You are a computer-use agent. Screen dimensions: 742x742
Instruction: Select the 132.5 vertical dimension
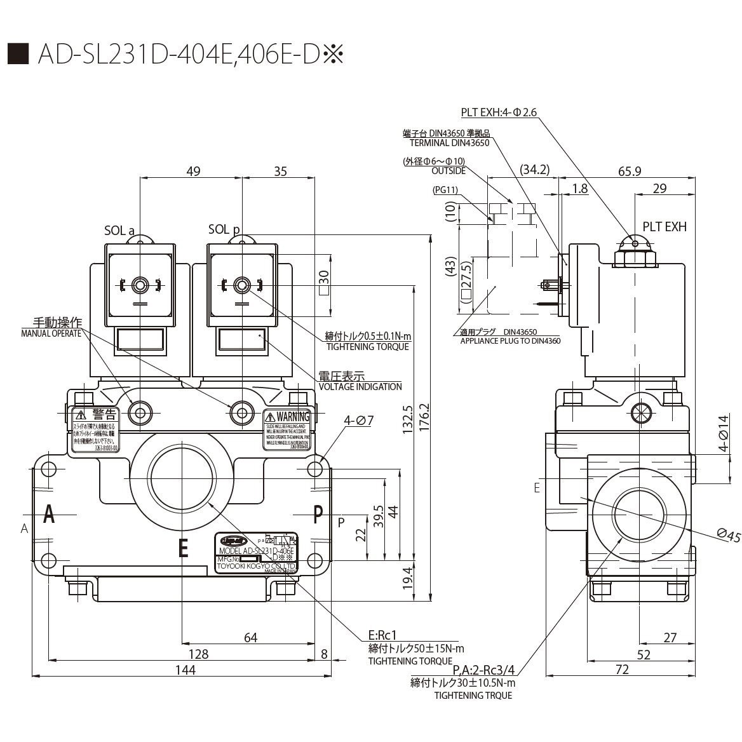tap(407, 420)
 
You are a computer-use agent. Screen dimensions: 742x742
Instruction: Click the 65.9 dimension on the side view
tap(628, 172)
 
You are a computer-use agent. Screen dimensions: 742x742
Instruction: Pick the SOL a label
tap(119, 231)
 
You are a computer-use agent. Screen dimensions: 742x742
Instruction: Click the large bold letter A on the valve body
tap(48, 515)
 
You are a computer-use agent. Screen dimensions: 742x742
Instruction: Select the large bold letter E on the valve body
tap(183, 547)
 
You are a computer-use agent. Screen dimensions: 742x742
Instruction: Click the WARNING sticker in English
tap(287, 430)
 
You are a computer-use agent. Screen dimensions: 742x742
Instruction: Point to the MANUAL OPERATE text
tap(51, 334)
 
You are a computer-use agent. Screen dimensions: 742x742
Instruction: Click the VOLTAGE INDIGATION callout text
tap(360, 386)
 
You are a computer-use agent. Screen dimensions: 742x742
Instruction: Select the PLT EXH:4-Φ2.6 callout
tap(499, 112)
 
